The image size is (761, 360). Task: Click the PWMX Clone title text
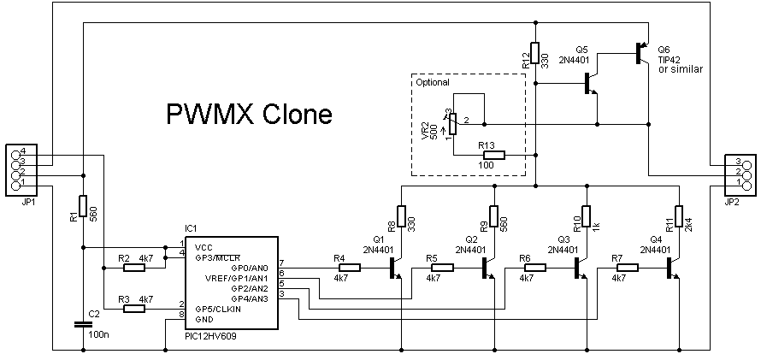click(248, 114)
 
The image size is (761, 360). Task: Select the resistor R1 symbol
click(83, 206)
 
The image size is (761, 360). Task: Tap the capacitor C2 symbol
click(83, 323)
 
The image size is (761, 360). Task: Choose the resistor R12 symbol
click(534, 53)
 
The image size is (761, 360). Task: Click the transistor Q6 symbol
click(640, 52)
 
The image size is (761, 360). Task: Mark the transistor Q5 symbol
click(592, 83)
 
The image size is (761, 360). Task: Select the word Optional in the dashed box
click(433, 83)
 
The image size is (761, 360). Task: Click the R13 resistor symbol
click(493, 155)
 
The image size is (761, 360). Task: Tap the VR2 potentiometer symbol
click(452, 125)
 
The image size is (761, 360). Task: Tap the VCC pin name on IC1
click(204, 246)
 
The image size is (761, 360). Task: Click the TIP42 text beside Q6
click(671, 61)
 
